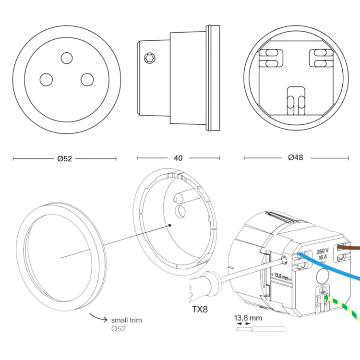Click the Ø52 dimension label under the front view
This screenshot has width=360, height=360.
pyautogui.click(x=64, y=158)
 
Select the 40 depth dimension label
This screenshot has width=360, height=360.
pyautogui.click(x=179, y=158)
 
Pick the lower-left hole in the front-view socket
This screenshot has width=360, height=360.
pyautogui.click(x=46, y=79)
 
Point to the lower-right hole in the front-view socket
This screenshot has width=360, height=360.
pyautogui.click(x=86, y=79)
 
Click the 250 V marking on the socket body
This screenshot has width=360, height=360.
pyautogui.click(x=323, y=251)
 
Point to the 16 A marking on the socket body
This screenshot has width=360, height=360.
pyautogui.click(x=323, y=257)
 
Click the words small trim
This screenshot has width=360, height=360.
pyautogui.click(x=126, y=320)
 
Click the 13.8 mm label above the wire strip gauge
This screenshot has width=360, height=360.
pyautogui.click(x=248, y=318)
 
